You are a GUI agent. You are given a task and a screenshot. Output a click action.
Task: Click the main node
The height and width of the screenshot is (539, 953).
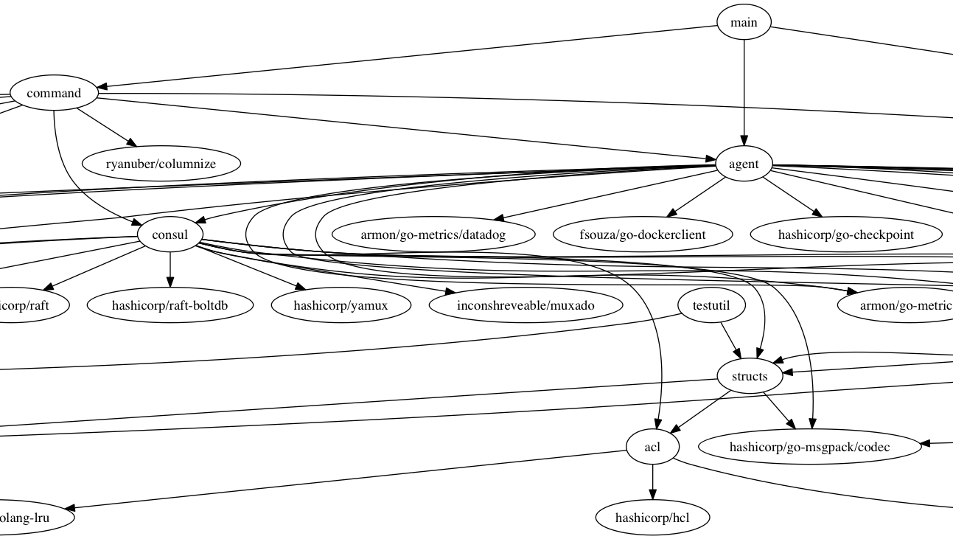pos(744,22)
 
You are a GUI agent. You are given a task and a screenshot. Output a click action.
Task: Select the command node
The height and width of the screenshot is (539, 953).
pos(54,94)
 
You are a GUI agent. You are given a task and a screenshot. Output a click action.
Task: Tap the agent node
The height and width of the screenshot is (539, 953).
pos(744,164)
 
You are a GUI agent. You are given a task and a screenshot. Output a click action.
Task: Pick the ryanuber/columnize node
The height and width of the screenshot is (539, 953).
pos(161,164)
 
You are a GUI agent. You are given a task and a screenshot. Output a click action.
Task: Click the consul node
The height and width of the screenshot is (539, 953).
pos(170,235)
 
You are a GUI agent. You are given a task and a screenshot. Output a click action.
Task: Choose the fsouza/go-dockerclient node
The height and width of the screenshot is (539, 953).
pos(643,235)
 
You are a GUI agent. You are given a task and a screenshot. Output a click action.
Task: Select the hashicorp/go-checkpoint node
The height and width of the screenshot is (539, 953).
pos(846,235)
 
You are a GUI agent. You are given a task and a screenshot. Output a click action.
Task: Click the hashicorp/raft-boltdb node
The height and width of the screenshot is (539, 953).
pos(171,305)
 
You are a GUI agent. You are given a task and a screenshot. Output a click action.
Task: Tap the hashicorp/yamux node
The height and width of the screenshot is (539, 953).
pos(341,305)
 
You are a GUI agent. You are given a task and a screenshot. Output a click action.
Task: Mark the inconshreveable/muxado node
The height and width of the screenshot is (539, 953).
pos(525,305)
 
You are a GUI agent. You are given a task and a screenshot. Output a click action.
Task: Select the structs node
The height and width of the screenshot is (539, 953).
pos(750,376)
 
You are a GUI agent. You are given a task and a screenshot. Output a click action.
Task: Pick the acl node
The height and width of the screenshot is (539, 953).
pos(652,447)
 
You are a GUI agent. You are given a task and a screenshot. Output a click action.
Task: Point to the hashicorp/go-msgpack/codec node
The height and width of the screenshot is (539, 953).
pos(809,447)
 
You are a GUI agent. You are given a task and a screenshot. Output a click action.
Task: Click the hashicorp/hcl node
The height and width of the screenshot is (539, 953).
pos(652,518)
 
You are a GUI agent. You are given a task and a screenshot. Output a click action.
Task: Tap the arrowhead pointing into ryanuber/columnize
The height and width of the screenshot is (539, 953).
pos(132,143)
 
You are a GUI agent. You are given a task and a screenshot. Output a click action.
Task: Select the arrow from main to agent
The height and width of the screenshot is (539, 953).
pos(744,88)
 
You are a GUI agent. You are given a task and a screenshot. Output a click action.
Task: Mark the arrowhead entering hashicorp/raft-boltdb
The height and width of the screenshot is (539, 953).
pos(170,282)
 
